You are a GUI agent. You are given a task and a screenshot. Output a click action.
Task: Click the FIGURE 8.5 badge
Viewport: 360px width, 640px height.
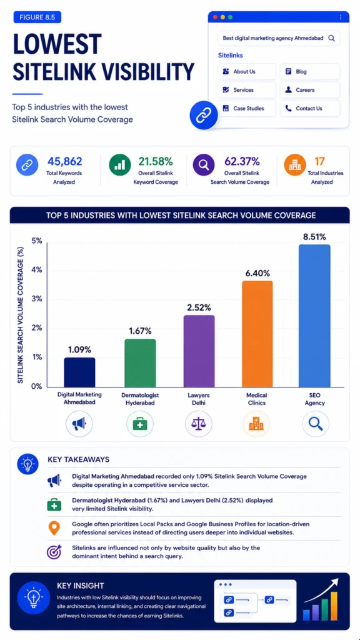click(37, 17)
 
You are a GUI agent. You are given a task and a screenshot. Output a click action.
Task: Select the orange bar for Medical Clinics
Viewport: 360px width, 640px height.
click(257, 334)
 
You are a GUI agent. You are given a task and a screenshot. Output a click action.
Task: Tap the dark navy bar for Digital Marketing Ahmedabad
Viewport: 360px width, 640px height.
click(79, 372)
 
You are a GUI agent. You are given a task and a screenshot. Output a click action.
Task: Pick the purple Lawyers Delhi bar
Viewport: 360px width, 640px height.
click(199, 351)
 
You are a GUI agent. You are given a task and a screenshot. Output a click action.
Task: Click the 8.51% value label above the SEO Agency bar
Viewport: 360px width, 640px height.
click(314, 237)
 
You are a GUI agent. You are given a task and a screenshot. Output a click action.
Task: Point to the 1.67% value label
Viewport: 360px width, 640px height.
click(140, 331)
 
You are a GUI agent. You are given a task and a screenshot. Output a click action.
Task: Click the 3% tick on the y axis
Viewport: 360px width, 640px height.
click(37, 299)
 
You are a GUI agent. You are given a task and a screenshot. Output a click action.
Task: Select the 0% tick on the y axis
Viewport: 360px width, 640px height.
click(37, 386)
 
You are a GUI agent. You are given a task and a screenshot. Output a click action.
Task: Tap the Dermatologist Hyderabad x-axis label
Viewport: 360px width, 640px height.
click(140, 399)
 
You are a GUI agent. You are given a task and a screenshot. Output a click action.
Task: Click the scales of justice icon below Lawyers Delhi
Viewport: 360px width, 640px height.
click(198, 424)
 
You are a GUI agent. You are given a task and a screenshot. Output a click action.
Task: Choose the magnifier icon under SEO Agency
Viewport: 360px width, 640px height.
click(316, 424)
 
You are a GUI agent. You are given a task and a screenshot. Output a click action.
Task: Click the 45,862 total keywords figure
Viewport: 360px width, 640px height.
click(65, 162)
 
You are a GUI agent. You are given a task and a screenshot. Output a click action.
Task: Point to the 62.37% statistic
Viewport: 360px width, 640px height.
click(240, 162)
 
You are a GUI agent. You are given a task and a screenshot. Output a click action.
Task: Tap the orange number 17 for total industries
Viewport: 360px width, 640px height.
click(319, 162)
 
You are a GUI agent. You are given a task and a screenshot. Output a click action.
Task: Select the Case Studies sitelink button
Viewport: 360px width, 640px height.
click(246, 109)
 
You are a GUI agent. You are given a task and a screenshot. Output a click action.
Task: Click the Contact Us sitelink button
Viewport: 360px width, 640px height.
click(310, 109)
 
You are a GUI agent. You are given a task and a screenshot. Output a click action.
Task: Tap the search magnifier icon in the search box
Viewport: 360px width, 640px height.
click(331, 38)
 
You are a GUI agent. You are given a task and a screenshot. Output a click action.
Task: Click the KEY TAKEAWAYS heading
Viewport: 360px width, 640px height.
click(78, 459)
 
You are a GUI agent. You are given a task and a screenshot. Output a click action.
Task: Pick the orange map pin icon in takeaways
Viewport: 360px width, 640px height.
click(54, 528)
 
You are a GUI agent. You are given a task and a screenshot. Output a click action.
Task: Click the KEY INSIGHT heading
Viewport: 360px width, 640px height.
click(81, 586)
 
